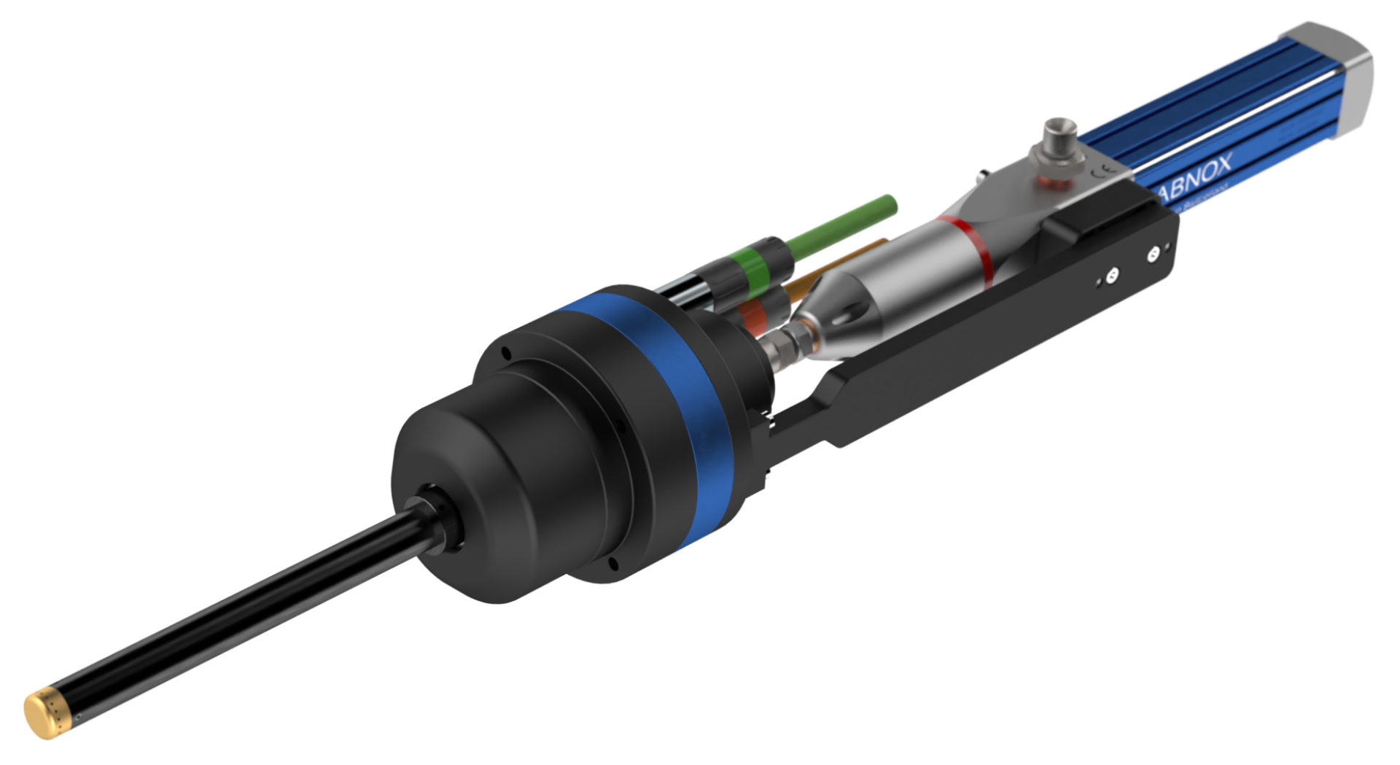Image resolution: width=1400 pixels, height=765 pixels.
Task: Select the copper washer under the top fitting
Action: pyautogui.click(x=1050, y=179)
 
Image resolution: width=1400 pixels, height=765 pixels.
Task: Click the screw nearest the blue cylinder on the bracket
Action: pyautogui.click(x=1153, y=254)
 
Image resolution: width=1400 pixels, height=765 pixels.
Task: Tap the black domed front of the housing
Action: pyautogui.click(x=467, y=467)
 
